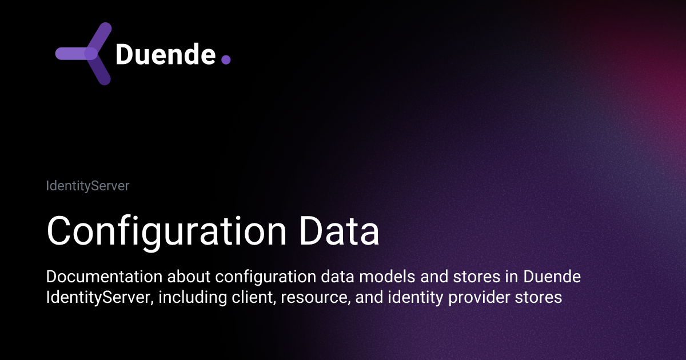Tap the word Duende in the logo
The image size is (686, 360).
click(165, 54)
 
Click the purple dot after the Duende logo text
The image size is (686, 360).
click(225, 59)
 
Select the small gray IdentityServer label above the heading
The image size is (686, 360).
click(87, 186)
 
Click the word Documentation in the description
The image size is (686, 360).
click(103, 277)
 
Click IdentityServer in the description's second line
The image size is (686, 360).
click(99, 298)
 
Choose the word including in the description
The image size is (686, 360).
click(192, 298)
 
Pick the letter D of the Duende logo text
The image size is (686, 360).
click(124, 54)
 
